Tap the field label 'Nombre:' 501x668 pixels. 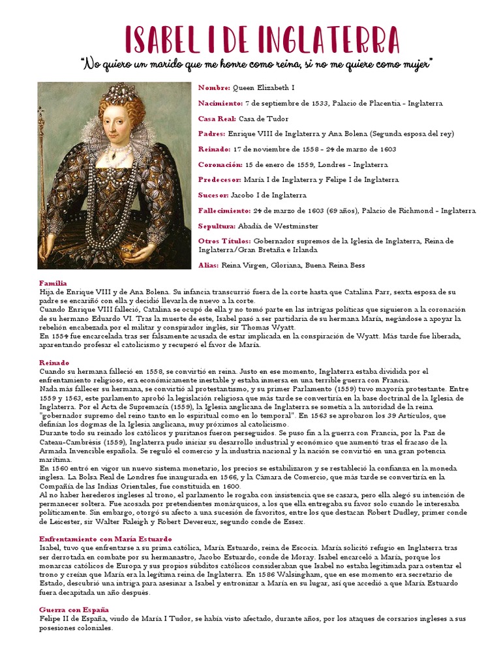coord(214,88)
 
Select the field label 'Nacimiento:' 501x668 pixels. coord(220,103)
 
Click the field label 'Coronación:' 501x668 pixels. coord(220,164)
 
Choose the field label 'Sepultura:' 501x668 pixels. coord(217,226)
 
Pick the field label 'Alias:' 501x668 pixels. coord(208,265)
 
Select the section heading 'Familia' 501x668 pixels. coord(53,283)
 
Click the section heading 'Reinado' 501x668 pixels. coord(54,362)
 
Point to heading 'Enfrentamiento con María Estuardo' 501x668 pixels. coord(105,539)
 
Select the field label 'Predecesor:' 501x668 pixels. coord(220,180)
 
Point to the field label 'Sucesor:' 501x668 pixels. coord(213,195)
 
